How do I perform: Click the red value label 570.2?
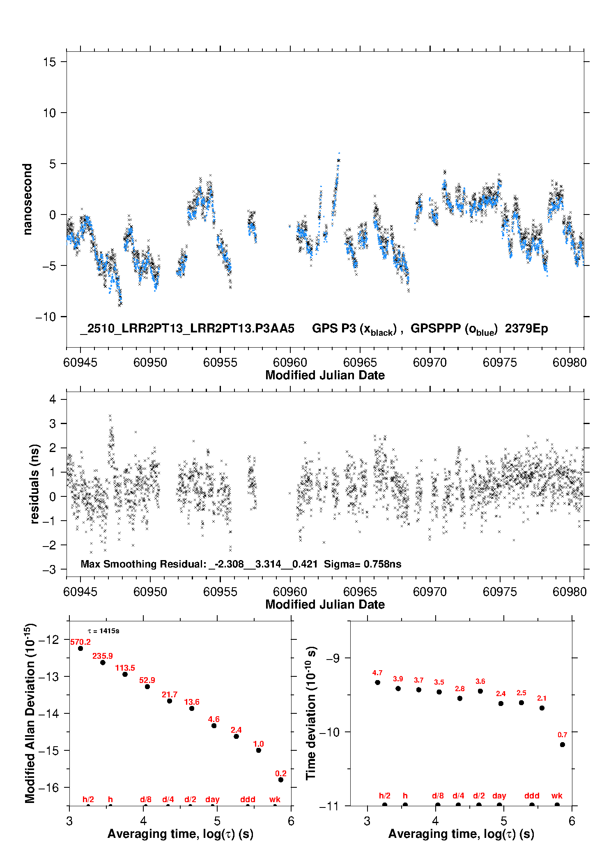(x=80, y=642)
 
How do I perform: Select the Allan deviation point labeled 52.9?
(x=147, y=687)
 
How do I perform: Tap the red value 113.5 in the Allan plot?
(x=125, y=668)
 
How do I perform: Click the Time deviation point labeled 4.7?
(x=377, y=683)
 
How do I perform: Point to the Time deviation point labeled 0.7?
(x=563, y=745)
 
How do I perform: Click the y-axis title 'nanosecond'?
(x=28, y=199)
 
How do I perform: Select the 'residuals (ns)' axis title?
(x=34, y=484)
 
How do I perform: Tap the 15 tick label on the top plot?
(x=49, y=62)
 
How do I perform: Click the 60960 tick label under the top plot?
(x=290, y=362)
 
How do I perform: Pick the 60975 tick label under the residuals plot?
(x=500, y=592)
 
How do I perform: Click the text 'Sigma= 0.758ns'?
(x=363, y=564)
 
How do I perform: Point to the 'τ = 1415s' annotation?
(x=103, y=631)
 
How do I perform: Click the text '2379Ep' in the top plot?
(x=526, y=329)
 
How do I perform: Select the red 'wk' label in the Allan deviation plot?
(x=275, y=799)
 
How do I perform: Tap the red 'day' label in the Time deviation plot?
(x=499, y=796)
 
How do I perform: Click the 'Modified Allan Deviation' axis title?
(x=30, y=713)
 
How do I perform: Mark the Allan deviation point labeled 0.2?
(x=281, y=780)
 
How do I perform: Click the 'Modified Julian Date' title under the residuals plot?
(x=325, y=604)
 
